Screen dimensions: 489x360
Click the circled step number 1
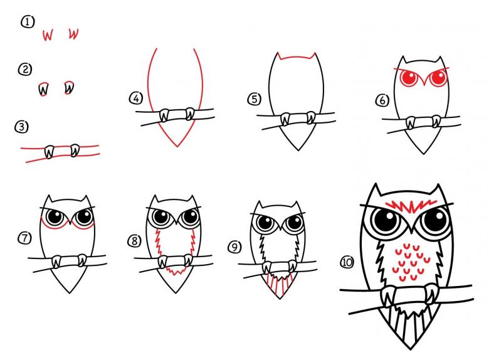click(28, 23)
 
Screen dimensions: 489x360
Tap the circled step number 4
click(135, 98)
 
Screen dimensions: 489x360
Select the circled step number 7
click(24, 238)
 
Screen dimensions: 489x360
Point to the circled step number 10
click(347, 262)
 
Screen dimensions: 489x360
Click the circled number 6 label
click(382, 100)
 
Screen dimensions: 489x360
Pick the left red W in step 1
click(48, 35)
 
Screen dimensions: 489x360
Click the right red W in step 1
click(73, 34)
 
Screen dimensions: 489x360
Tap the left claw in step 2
click(44, 89)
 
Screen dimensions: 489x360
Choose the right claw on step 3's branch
click(75, 151)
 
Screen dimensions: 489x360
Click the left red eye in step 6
click(409, 78)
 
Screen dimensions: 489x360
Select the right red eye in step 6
click(438, 77)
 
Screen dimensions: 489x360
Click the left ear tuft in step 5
click(278, 56)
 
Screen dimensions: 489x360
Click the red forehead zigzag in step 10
click(409, 206)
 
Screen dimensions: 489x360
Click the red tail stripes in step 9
click(280, 285)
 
